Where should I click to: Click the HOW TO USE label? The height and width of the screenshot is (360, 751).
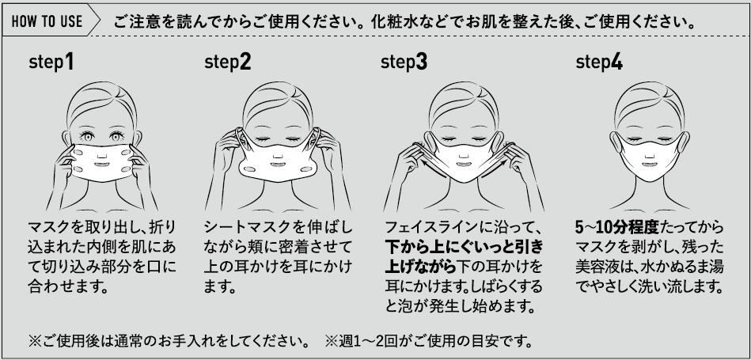(47, 21)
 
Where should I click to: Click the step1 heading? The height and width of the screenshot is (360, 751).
(51, 63)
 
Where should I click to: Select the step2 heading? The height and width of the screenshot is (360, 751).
(227, 63)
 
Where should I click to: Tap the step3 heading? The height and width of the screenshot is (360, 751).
(404, 63)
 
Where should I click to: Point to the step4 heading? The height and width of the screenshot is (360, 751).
(599, 63)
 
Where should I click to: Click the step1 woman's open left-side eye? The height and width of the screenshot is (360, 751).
(87, 137)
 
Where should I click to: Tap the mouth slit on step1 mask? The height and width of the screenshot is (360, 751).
(101, 165)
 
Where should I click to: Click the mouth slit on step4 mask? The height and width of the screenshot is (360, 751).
(649, 164)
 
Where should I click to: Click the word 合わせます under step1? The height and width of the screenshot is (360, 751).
(67, 287)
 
